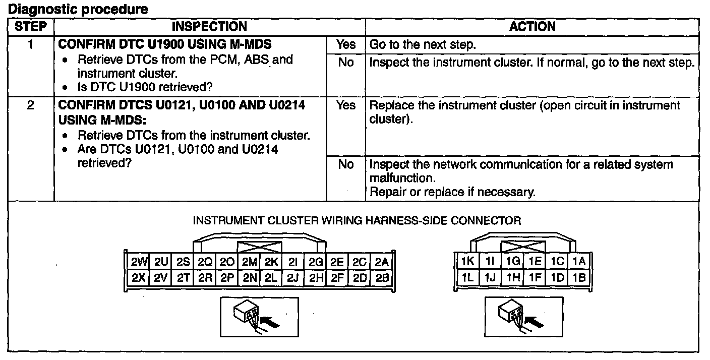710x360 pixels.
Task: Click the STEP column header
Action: [x=30, y=27]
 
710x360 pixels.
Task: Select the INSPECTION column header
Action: [x=209, y=27]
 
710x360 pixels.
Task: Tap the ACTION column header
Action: [x=532, y=27]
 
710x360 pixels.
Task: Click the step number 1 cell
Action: [x=30, y=45]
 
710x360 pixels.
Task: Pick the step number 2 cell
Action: [x=30, y=106]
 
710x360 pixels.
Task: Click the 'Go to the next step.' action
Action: [x=423, y=45]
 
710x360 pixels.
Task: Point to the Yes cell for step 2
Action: [x=345, y=106]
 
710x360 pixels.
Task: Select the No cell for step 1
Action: [x=345, y=63]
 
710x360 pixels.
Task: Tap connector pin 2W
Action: [x=138, y=262]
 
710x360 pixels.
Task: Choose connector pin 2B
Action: [x=382, y=277]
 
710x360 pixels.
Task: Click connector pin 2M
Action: [x=249, y=262]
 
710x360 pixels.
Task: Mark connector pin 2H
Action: [x=316, y=277]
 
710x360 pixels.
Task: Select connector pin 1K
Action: [x=467, y=262]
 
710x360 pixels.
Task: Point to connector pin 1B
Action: [x=579, y=277]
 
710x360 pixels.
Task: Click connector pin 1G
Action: [x=513, y=262]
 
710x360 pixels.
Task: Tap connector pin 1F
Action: [x=535, y=277]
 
